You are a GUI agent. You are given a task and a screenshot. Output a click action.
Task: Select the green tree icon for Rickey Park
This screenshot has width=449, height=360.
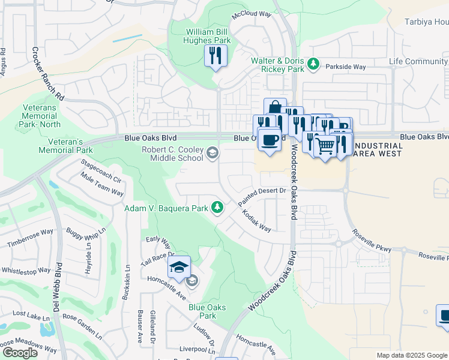coord(312,63)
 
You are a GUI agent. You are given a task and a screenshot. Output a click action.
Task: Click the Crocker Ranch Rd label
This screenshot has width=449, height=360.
coord(47,74)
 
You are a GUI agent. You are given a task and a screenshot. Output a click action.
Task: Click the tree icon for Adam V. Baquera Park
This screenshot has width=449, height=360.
coord(217,208)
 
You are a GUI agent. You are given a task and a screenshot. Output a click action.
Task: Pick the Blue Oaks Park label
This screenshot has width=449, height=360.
coord(207,311)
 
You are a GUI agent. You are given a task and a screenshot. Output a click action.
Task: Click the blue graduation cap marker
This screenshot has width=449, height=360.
coord(178,266)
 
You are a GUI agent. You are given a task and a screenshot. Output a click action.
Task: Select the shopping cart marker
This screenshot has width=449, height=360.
coord(325,145)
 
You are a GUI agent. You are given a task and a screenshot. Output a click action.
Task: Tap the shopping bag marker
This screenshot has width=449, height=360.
coord(275,108)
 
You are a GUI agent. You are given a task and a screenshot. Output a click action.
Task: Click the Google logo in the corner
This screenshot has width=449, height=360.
coord(20,353)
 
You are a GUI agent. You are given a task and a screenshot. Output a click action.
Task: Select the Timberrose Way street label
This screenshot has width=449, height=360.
coord(31,238)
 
